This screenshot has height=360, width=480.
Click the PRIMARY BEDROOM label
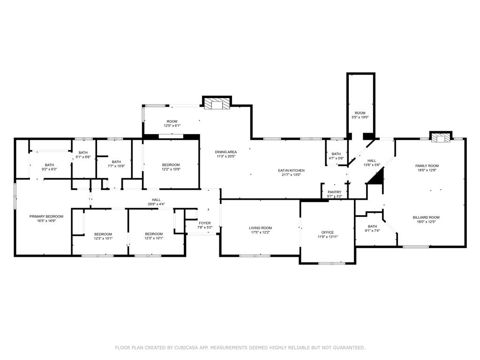pos(46,216)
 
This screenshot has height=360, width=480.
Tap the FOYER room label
pos(205,223)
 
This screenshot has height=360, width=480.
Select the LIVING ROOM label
pos(260,228)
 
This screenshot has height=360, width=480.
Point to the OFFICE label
pos(328,232)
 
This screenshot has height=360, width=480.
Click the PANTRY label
pos(335,192)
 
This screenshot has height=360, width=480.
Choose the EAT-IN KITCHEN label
pos(292,170)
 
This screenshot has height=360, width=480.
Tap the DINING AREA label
pos(226,152)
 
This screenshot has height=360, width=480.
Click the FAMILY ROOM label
pos(427,165)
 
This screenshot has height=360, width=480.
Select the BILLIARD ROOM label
pos(426,217)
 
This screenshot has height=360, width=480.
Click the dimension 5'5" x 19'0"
pos(360,118)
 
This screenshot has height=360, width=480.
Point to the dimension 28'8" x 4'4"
pos(156,204)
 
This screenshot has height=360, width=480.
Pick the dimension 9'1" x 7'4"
pos(372,231)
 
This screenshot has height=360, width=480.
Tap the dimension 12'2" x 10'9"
pos(171,169)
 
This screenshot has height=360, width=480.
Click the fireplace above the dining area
pos(217,103)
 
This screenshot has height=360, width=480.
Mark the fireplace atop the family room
pos(440,137)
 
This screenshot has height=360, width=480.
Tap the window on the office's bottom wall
pos(331,263)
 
